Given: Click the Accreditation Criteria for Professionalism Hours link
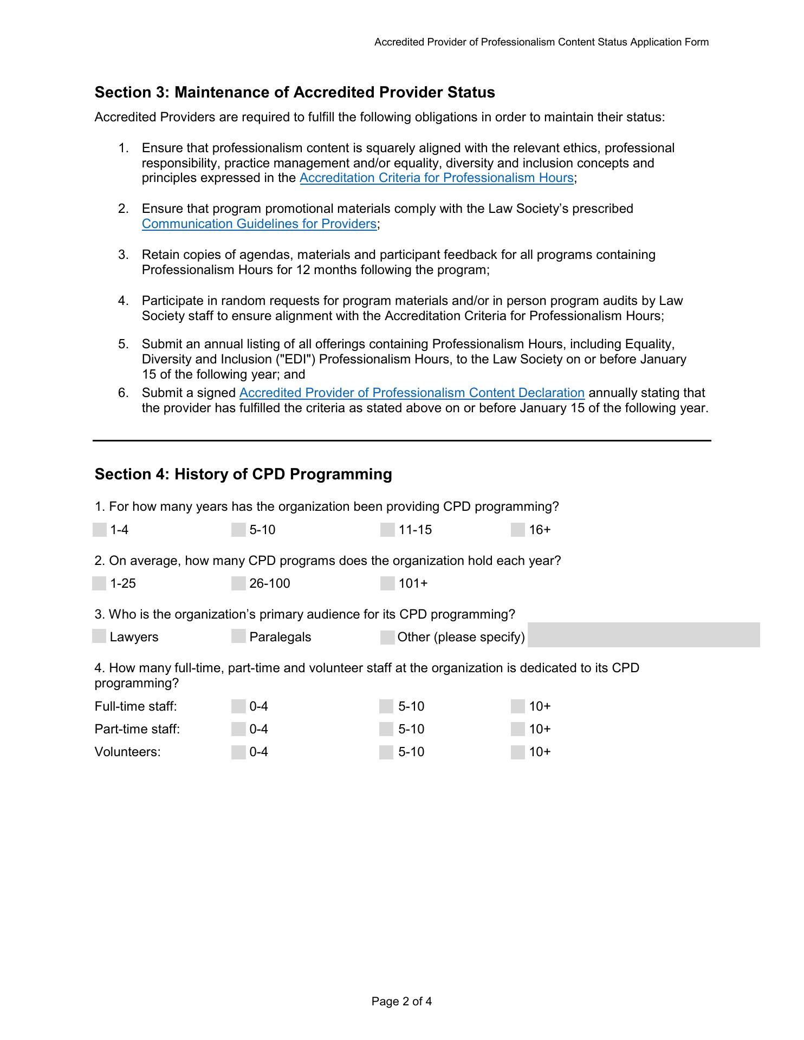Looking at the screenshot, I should tap(436, 178).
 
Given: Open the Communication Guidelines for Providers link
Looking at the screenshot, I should tap(259, 224).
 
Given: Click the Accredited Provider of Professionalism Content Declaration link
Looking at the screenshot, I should tap(412, 393).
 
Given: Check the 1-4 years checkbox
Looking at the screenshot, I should tap(100, 530).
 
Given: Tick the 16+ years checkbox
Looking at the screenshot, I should tap(518, 530).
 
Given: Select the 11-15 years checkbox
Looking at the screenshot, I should tap(387, 530).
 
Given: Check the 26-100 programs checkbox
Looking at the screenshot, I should tap(238, 583).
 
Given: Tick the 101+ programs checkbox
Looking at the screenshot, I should tap(387, 583).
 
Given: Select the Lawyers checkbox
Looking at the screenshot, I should tap(99, 636).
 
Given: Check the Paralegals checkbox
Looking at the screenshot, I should tap(238, 636).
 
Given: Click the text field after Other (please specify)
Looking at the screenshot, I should tap(644, 635).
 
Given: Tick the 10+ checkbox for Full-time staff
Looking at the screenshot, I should tap(518, 706).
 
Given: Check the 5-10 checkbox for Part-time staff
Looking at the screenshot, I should tap(386, 729).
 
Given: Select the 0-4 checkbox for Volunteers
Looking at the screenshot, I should tap(238, 752).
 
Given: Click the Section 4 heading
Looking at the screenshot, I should tap(243, 474).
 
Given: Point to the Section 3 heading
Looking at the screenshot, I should tap(295, 93).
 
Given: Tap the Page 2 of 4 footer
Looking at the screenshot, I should tap(401, 1002).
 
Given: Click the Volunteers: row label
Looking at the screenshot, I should tap(127, 752).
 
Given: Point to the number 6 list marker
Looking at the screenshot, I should tap(123, 393).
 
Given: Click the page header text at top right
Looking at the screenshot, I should tap(541, 42).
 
